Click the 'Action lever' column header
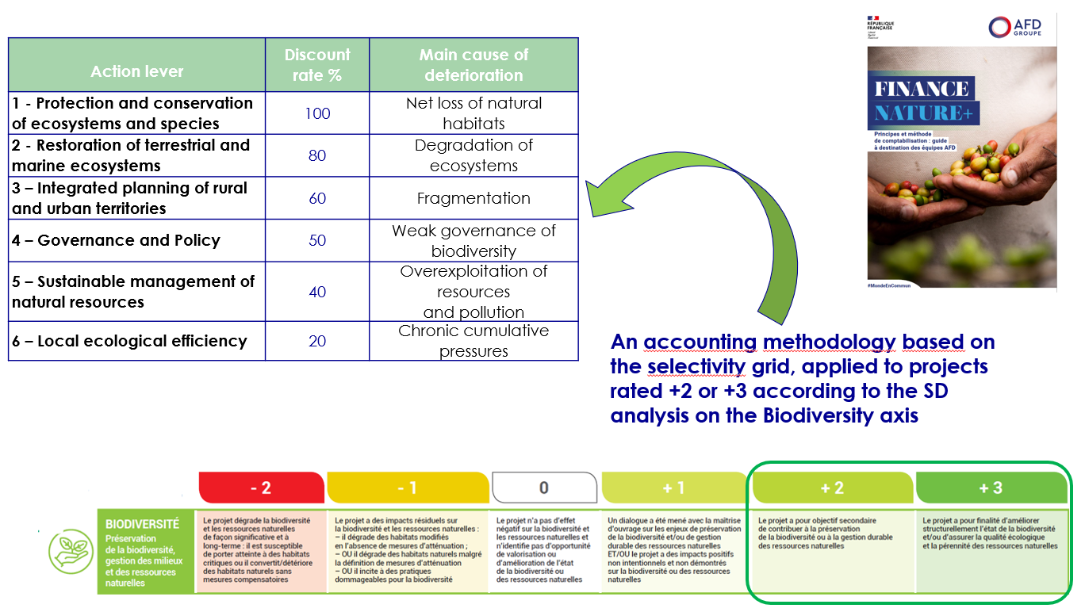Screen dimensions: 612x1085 click(136, 71)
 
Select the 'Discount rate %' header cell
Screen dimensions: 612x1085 click(317, 65)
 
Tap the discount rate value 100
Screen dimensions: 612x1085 click(317, 113)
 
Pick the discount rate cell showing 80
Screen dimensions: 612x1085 click(317, 155)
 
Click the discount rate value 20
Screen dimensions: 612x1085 click(317, 341)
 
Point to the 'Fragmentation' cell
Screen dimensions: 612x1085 click(473, 198)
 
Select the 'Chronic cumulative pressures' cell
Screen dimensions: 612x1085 click(473, 341)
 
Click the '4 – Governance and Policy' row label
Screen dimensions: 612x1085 click(116, 240)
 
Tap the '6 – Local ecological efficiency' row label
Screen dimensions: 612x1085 click(129, 341)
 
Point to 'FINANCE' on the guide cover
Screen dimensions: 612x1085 click(922, 88)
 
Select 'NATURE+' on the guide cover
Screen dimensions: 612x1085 click(922, 113)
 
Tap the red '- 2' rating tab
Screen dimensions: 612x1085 click(261, 488)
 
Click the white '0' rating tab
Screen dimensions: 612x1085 click(543, 488)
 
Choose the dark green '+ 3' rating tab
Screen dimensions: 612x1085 click(991, 488)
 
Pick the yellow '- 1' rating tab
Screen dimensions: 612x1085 click(407, 488)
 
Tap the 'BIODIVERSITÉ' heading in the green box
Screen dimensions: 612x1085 click(143, 524)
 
